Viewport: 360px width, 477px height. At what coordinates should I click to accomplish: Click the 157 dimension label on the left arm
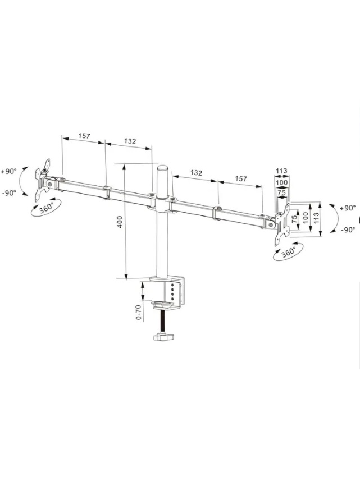[x=84, y=136]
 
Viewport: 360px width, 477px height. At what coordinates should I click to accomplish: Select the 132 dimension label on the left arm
[x=130, y=141]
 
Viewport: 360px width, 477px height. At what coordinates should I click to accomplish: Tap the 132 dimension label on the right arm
[x=196, y=173]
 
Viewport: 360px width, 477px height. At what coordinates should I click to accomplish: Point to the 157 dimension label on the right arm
[x=241, y=178]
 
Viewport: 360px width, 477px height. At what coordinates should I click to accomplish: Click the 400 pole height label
[x=120, y=222]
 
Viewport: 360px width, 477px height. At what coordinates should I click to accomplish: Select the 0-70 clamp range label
[x=139, y=312]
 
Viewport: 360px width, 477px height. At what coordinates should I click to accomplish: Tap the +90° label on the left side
[x=8, y=171]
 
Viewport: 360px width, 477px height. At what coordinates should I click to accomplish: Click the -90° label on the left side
[x=9, y=193]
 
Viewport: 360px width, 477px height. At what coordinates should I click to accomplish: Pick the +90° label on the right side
[x=348, y=208]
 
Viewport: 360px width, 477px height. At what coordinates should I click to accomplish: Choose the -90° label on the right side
[x=348, y=230]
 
